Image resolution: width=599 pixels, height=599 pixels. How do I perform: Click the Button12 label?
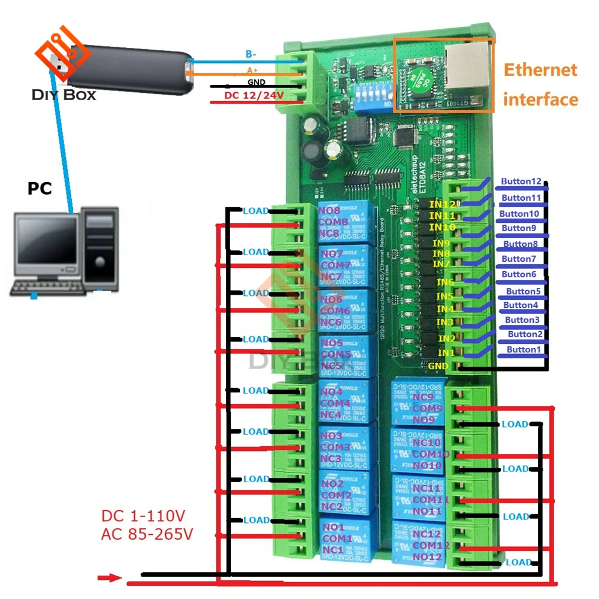pos(521,181)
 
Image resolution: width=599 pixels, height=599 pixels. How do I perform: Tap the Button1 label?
pos(524,349)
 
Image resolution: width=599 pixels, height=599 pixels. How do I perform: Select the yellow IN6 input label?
pos(445,282)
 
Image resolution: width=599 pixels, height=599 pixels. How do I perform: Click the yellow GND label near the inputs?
pos(438,365)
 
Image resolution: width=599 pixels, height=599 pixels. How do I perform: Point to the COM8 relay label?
pos(335,222)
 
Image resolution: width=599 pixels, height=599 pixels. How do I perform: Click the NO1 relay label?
pos(332,527)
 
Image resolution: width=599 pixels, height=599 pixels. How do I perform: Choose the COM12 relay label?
pos(432,545)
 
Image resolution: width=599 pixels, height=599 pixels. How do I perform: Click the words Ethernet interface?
pos(540,84)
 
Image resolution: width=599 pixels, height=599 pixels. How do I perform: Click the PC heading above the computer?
pos(40,189)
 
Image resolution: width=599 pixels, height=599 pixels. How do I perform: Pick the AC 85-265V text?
pos(147,534)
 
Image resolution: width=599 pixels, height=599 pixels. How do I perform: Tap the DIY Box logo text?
pos(64,95)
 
